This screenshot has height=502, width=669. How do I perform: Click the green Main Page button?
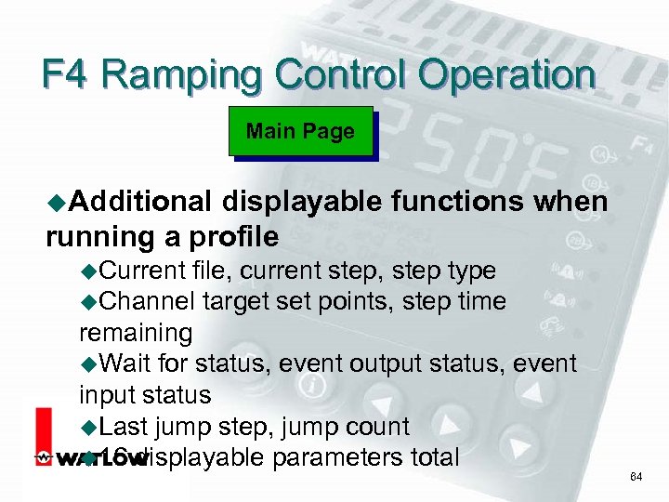pyautogui.click(x=300, y=132)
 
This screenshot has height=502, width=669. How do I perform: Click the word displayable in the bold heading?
pyautogui.click(x=303, y=202)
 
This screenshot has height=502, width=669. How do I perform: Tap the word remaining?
pyautogui.click(x=136, y=332)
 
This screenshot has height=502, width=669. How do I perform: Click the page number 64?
pyautogui.click(x=636, y=477)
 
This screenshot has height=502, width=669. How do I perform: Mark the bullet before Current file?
pyautogui.click(x=88, y=271)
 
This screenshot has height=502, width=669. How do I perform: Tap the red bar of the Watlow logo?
pyautogui.click(x=43, y=437)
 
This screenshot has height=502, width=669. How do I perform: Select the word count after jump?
pyautogui.click(x=377, y=427)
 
